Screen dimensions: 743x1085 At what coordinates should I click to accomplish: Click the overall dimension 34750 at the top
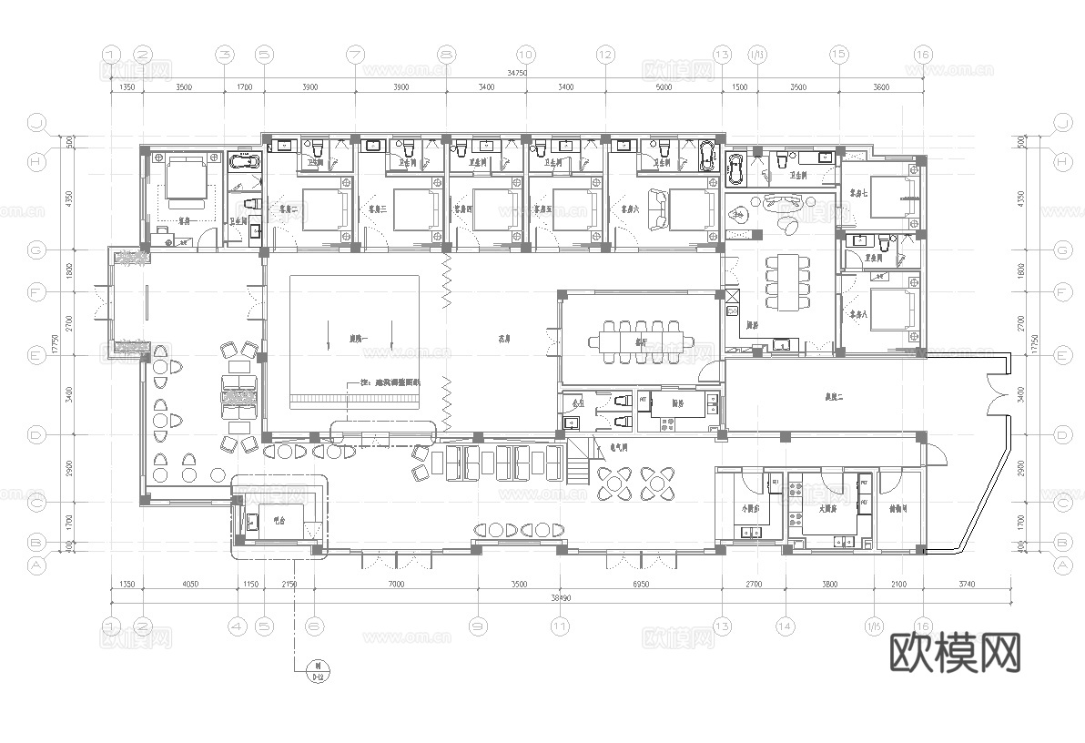[x=517, y=72]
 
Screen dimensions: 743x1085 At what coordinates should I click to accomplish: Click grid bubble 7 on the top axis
[x=356, y=55]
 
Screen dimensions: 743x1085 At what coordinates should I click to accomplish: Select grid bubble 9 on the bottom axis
[x=477, y=626]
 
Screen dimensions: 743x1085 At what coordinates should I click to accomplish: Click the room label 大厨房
[x=828, y=509]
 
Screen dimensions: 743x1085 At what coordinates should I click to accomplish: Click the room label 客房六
[x=627, y=209]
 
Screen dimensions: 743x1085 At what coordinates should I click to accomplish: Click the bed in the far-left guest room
[x=188, y=180]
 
